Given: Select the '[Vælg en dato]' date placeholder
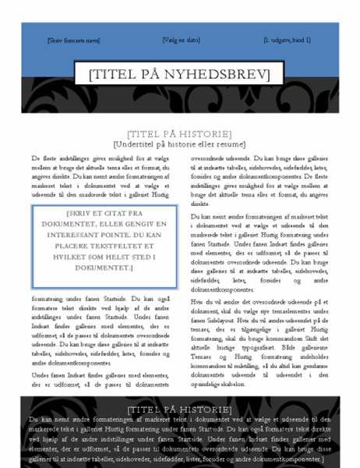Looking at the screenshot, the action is tap(181, 38).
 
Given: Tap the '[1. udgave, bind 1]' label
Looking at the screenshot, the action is tap(287, 39).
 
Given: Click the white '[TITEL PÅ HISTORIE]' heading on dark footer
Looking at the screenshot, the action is tap(179, 409).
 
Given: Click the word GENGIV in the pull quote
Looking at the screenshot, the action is tap(136, 226).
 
